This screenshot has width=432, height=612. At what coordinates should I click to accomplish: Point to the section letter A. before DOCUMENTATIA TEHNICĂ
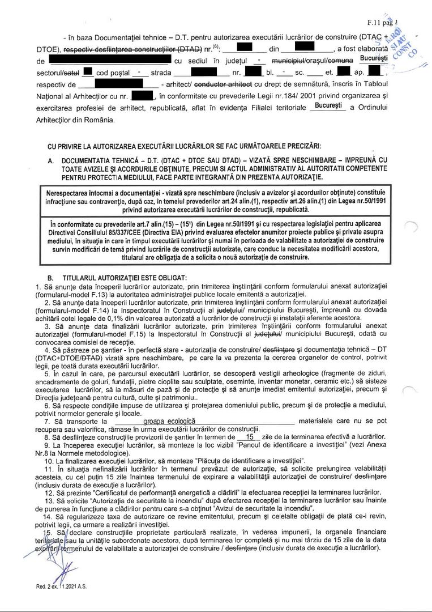51,161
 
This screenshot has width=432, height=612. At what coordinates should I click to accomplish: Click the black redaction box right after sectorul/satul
87,71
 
